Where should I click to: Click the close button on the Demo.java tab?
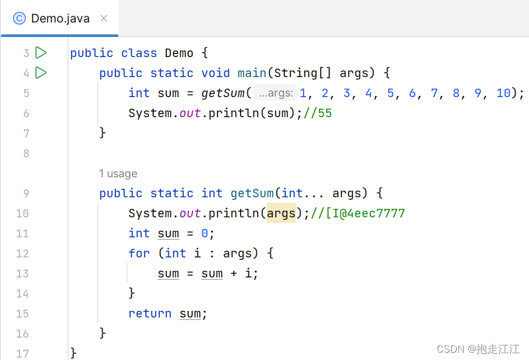(x=104, y=18)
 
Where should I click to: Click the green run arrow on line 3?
(x=41, y=53)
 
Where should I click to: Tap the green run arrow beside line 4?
(x=41, y=73)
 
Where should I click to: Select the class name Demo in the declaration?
(x=179, y=53)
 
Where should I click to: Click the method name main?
(x=251, y=73)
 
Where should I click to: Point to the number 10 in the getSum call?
(x=503, y=93)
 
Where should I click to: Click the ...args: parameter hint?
(x=276, y=93)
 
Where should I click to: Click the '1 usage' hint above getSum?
(x=118, y=174)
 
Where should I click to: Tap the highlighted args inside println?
(x=281, y=213)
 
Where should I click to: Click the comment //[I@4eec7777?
(x=358, y=213)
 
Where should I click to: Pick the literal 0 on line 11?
(x=205, y=233)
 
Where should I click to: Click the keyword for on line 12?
(x=139, y=253)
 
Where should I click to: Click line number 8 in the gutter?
(x=26, y=153)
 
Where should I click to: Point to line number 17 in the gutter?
(x=22, y=353)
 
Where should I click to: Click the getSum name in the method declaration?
(x=252, y=193)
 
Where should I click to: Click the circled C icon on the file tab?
(x=19, y=18)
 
